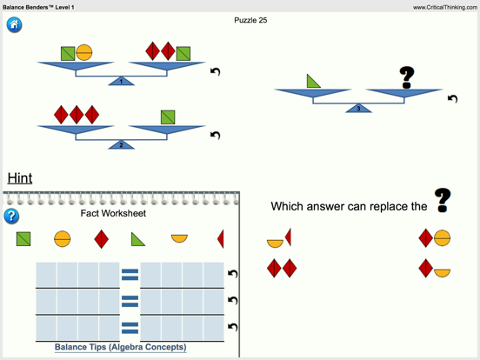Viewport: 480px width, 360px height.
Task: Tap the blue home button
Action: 14,24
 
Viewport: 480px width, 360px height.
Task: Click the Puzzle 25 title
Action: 250,20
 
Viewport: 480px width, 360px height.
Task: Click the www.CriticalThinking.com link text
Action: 444,7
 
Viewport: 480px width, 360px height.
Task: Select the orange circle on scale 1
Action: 84,53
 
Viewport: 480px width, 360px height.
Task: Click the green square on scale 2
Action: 168,117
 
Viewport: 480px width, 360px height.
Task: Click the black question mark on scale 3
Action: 406,77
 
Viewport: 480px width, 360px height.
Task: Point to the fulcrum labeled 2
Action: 121,144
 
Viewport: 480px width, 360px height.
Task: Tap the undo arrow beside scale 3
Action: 452,98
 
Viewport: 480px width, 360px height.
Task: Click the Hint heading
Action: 20,178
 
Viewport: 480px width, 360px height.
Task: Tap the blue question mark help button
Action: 11,216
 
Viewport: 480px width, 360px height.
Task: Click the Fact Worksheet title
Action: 113,213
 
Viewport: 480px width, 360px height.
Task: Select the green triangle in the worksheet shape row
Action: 137,238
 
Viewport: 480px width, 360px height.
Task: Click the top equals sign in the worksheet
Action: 130,274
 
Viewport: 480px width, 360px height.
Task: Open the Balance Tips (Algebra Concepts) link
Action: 120,347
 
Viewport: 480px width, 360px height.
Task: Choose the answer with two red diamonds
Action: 282,268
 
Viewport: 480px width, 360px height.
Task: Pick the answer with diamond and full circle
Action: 434,237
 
